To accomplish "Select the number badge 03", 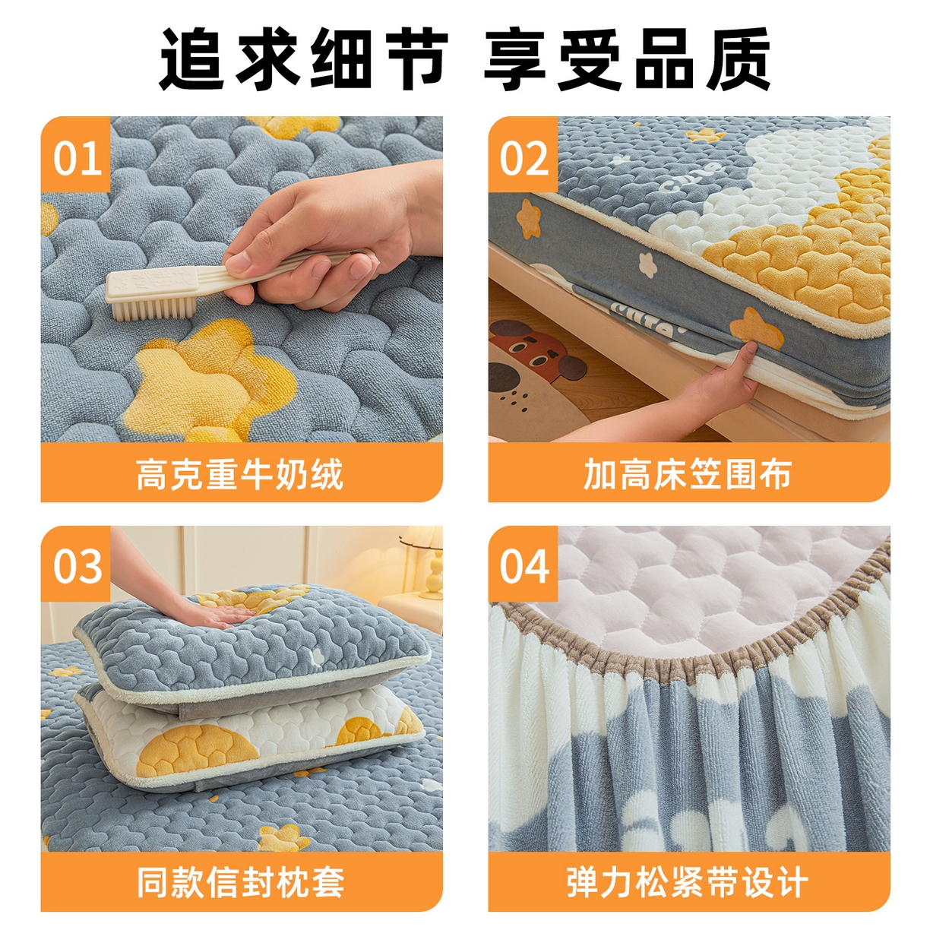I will pyautogui.click(x=77, y=566).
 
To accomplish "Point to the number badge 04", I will pyautogui.click(x=524, y=566).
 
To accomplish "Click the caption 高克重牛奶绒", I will pyautogui.click(x=240, y=474).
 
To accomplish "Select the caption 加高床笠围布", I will pyautogui.click(x=688, y=474).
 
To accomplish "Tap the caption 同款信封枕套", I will pyautogui.click(x=240, y=882).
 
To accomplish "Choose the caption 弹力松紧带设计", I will pyautogui.click(x=688, y=882).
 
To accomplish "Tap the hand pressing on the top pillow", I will pyautogui.click(x=213, y=612).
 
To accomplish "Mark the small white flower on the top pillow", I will pyautogui.click(x=315, y=654).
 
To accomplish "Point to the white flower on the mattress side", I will pyautogui.click(x=647, y=264).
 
